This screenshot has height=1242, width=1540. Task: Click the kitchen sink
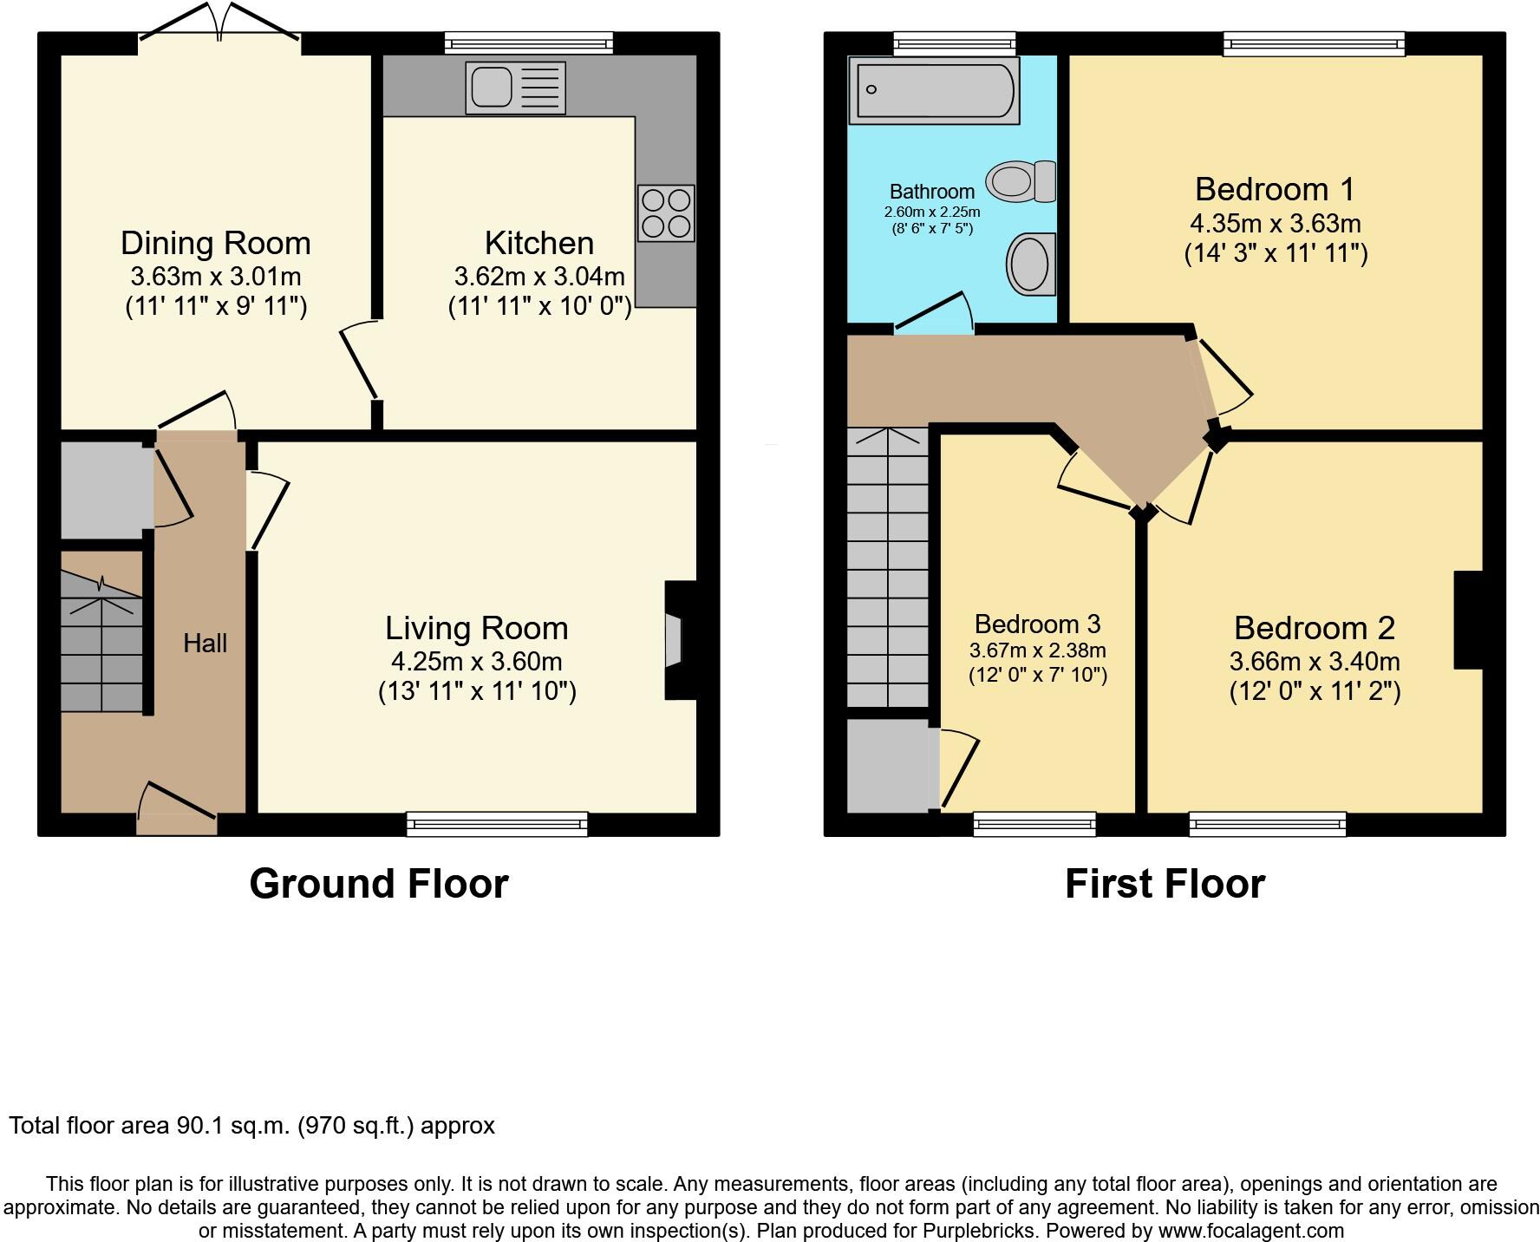tap(515, 88)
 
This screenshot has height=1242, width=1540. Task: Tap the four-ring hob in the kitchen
tap(666, 213)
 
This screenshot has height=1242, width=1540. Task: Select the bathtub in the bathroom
tap(933, 91)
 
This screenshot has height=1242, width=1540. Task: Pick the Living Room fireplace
tap(680, 640)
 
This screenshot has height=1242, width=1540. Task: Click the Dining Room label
tap(216, 243)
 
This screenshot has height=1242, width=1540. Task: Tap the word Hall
tap(206, 644)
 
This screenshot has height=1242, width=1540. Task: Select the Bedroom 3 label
tap(1037, 624)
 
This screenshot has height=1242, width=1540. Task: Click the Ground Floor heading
tap(379, 884)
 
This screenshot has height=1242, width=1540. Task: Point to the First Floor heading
tap(1165, 884)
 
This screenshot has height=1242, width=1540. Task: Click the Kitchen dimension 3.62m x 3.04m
tap(539, 277)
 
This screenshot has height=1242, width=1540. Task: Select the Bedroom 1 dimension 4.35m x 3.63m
tap(1276, 224)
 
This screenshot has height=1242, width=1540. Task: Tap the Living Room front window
tap(497, 823)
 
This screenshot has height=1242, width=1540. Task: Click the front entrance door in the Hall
tap(178, 807)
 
